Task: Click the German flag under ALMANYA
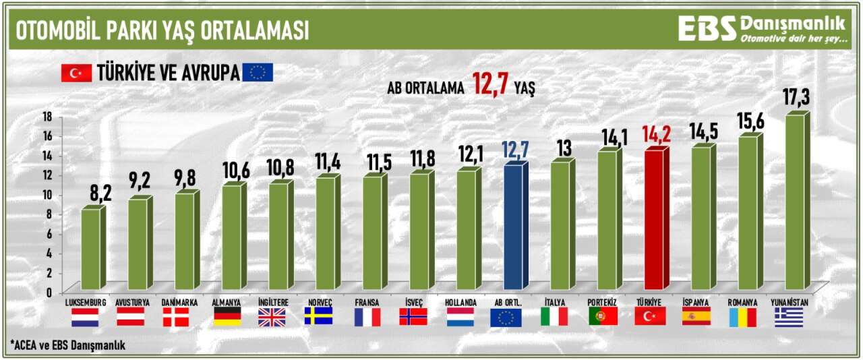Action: click(x=227, y=317)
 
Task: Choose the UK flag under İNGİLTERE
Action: click(x=272, y=317)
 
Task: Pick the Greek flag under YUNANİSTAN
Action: click(x=789, y=317)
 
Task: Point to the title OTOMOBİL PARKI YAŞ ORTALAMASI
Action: click(x=162, y=30)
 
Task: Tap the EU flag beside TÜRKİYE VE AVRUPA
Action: click(x=258, y=72)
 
